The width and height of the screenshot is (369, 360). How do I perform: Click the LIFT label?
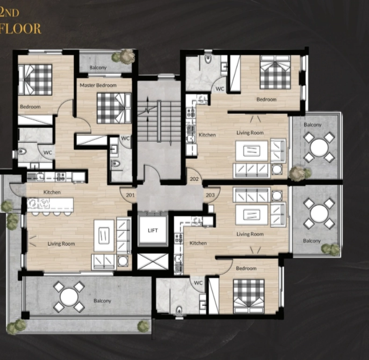(153, 230)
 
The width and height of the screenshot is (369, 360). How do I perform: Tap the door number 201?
(130, 195)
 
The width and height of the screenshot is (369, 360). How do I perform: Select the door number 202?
(194, 179)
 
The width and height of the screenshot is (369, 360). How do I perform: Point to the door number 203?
(210, 195)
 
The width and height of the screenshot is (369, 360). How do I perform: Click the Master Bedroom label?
(98, 86)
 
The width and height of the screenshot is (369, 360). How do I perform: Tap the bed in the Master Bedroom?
(114, 108)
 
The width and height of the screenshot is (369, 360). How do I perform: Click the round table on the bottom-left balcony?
(69, 297)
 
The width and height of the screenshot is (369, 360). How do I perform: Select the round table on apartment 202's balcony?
(319, 148)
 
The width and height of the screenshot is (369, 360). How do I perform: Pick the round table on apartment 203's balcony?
(319, 213)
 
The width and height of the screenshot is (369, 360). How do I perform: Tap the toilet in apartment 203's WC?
(179, 310)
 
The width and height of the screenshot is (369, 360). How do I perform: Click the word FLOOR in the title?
(21, 29)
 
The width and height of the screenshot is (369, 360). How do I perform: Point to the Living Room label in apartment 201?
(61, 244)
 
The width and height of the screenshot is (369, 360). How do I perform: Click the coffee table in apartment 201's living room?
(104, 236)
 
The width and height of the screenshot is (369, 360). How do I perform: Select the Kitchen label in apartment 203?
(198, 243)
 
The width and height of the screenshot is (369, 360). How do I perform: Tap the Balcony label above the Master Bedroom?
(98, 68)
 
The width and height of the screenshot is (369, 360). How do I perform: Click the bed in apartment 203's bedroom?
(249, 296)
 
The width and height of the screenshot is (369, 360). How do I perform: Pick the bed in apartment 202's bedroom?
(275, 72)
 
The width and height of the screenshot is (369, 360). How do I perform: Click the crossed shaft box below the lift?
(153, 261)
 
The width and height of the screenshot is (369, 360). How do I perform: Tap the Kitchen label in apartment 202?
(207, 135)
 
